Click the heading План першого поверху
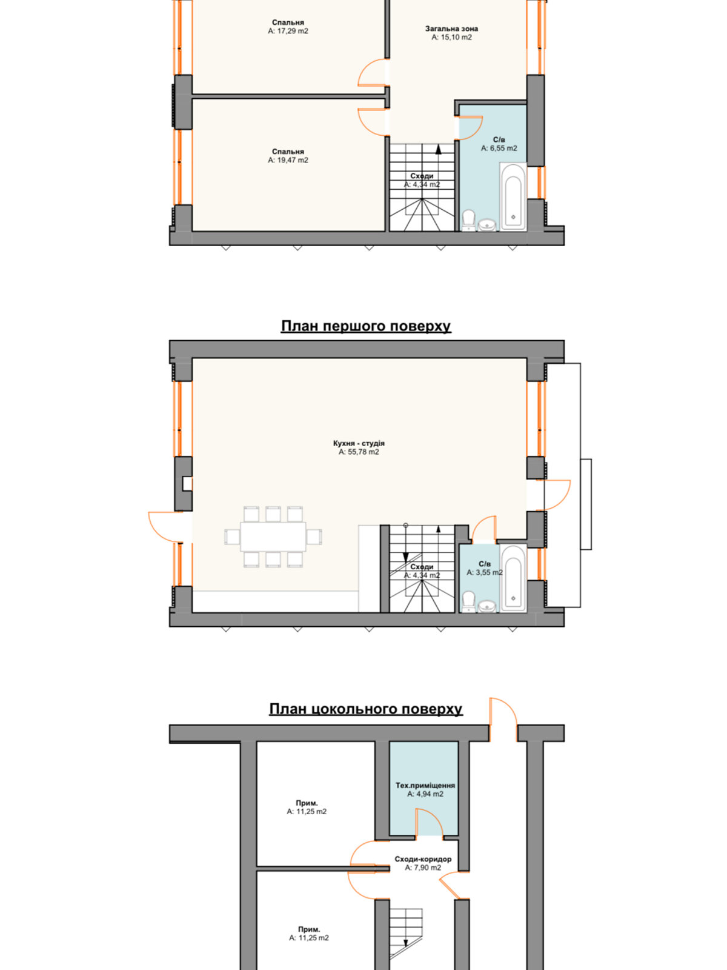click(366, 326)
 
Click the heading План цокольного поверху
click(366, 709)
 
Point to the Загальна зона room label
click(451, 28)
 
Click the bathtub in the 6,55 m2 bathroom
click(513, 196)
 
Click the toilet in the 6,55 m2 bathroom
click(468, 221)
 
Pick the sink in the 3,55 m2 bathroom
click(487, 606)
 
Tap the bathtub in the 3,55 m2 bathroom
click(513, 578)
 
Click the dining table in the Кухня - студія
click(273, 537)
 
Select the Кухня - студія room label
click(359, 443)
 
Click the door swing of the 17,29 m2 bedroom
click(371, 72)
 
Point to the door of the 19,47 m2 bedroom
click(371, 121)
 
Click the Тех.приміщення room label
click(425, 785)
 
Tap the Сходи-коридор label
click(423, 859)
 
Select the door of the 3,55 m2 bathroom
click(484, 529)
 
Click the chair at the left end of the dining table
click(231, 537)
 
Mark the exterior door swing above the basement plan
click(503, 719)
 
